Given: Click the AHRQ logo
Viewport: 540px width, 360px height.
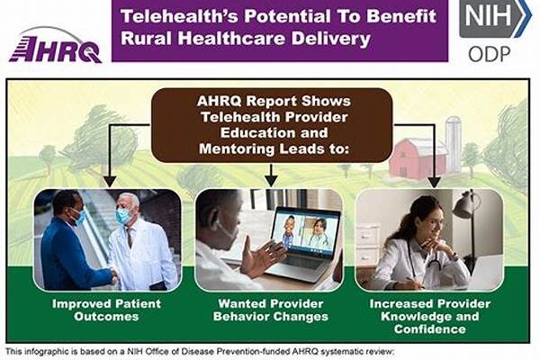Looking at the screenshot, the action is pyautogui.click(x=55, y=46).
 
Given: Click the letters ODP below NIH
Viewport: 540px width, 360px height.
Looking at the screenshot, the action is pyautogui.click(x=489, y=54).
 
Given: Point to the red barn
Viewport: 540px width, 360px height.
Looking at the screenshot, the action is pyautogui.click(x=418, y=158).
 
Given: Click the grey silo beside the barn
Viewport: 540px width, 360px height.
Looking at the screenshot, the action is pyautogui.click(x=454, y=144).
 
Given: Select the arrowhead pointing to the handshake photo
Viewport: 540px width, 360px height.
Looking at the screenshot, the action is pyautogui.click(x=110, y=182).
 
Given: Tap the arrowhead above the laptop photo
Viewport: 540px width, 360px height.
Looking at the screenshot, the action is pyautogui.click(x=272, y=181).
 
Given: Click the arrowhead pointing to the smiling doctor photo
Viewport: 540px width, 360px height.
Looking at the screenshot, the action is pyautogui.click(x=435, y=182).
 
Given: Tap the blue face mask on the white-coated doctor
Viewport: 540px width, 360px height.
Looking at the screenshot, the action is pyautogui.click(x=123, y=216).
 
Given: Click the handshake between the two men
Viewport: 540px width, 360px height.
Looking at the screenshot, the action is pyautogui.click(x=113, y=275).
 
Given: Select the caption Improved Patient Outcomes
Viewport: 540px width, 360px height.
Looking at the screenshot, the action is pyautogui.click(x=106, y=310).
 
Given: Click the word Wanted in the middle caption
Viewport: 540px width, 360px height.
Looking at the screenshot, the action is pyautogui.click(x=239, y=304).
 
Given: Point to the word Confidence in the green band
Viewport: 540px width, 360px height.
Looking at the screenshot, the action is pyautogui.click(x=430, y=329).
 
